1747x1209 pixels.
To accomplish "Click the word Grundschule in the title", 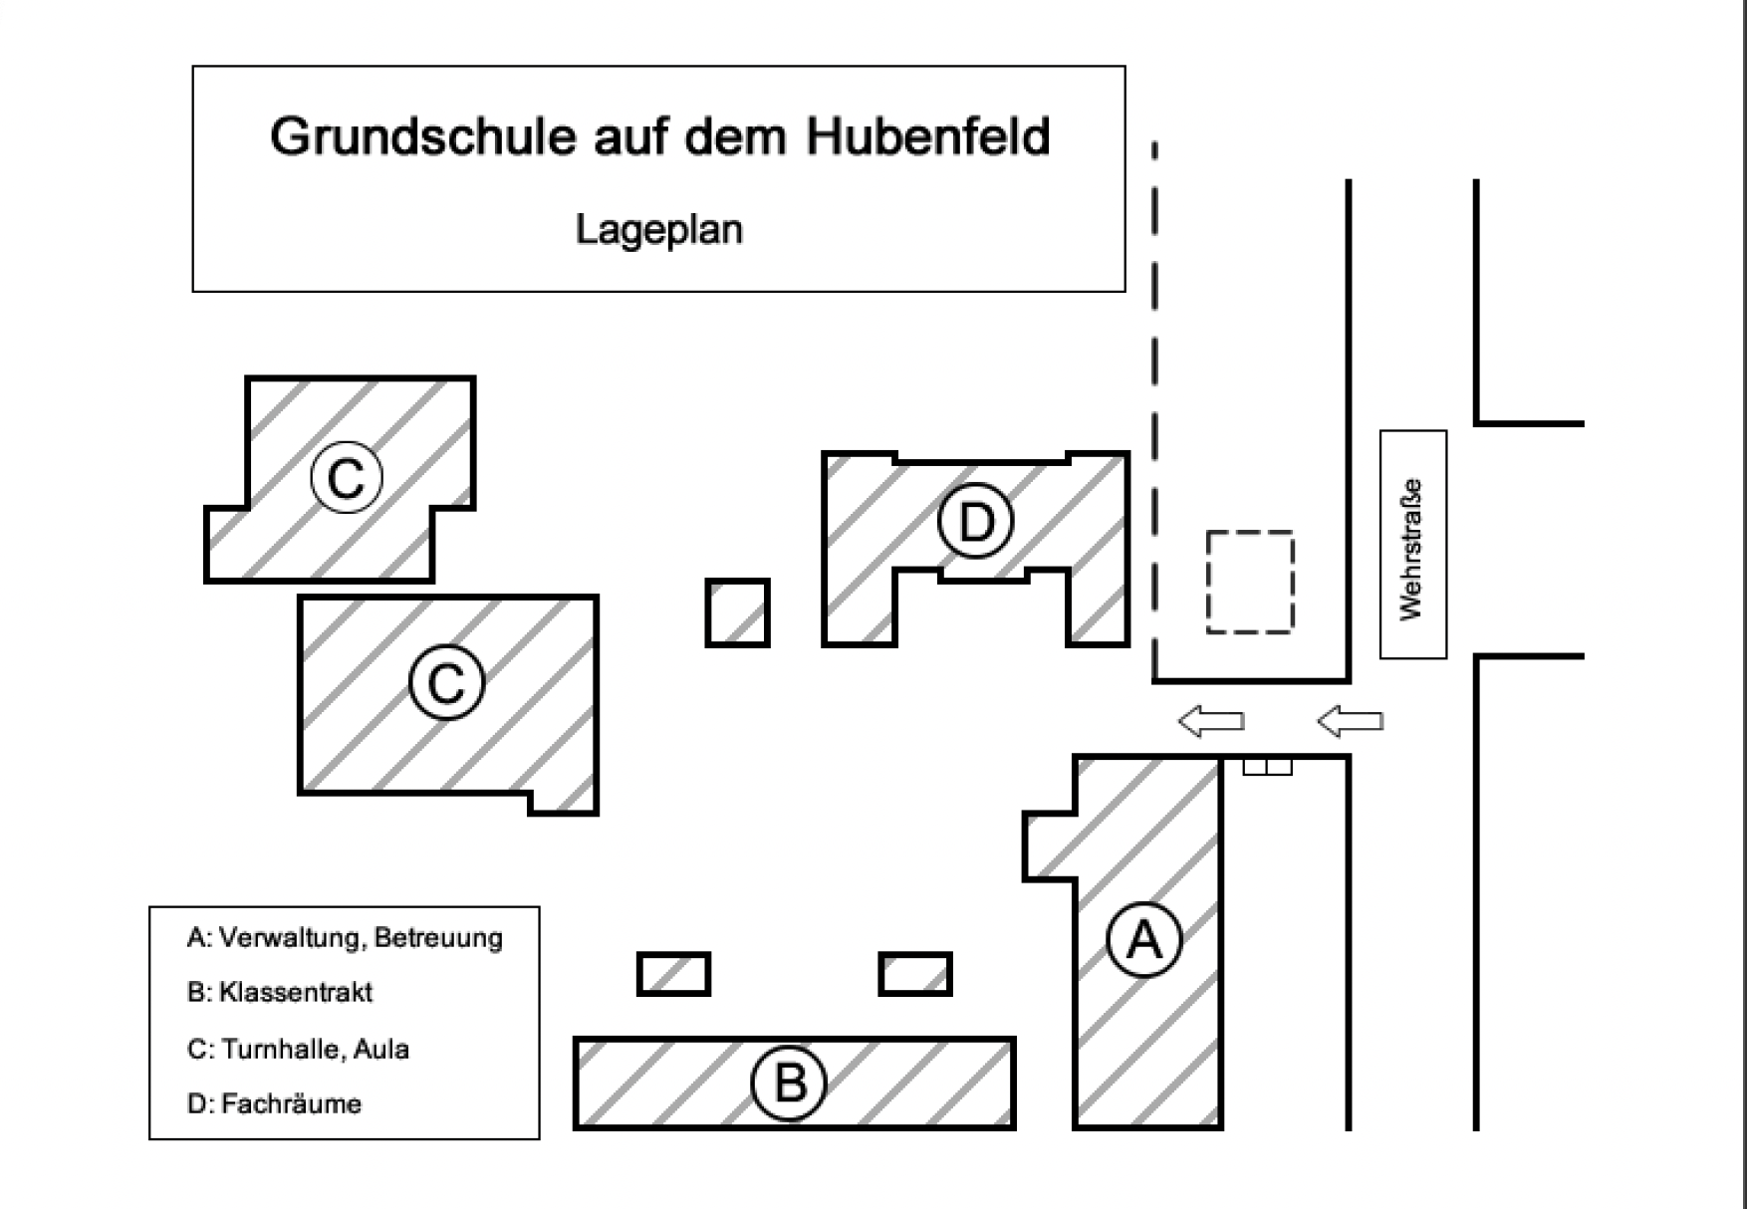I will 422,136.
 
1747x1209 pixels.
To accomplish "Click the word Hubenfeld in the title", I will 927,136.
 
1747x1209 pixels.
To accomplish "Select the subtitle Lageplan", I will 658,230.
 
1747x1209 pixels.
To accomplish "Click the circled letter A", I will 1144,939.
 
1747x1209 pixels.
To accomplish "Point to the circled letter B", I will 790,1083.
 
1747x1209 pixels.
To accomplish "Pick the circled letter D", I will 976,521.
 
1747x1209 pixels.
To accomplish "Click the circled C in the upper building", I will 347,478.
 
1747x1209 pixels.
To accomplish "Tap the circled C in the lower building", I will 446,683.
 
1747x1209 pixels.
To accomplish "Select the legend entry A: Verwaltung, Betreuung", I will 345,938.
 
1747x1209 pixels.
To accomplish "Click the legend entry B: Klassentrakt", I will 280,993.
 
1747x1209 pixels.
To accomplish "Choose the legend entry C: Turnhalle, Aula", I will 298,1050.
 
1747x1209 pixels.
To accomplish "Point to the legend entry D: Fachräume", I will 274,1104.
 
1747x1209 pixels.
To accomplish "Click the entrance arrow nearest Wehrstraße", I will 1350,720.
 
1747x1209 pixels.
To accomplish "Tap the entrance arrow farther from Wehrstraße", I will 1211,720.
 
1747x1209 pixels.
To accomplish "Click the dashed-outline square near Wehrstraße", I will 1250,583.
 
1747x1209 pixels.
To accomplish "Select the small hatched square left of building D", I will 738,612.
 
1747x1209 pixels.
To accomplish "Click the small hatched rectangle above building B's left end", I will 673,974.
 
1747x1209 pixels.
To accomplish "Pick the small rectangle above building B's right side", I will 915,974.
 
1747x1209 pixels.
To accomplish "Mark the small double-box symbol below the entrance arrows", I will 1267,766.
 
